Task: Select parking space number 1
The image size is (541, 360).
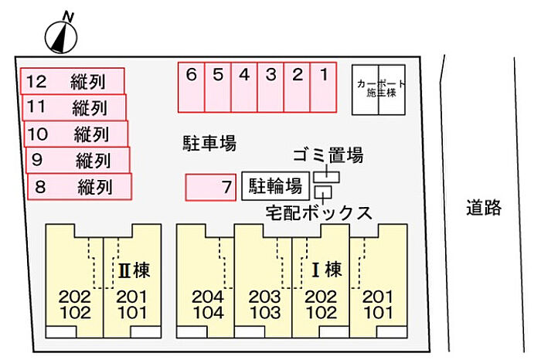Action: tap(323, 87)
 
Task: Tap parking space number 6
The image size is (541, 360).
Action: tap(191, 87)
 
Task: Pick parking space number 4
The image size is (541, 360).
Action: tap(244, 87)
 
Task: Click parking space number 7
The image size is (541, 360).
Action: tap(210, 187)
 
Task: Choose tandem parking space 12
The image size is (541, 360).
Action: tap(72, 81)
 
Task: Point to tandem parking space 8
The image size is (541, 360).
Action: tap(80, 186)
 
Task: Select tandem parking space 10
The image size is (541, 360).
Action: tap(76, 134)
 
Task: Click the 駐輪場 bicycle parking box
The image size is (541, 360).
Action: tap(275, 186)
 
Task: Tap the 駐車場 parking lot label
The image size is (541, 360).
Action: tap(209, 143)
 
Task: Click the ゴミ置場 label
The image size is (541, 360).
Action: tap(328, 155)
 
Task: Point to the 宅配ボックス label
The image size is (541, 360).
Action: tap(318, 212)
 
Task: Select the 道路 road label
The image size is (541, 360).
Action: tap(484, 208)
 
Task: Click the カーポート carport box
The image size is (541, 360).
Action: tap(379, 90)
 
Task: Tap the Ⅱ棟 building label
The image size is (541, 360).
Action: tap(134, 270)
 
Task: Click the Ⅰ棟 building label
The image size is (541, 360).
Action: tap(327, 270)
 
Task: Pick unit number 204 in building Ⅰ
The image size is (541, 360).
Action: tap(209, 297)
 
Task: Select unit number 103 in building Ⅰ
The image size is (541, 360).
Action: tap(265, 313)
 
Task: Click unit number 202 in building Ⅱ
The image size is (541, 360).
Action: tap(75, 297)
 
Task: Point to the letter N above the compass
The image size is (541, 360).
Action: tap(68, 16)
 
